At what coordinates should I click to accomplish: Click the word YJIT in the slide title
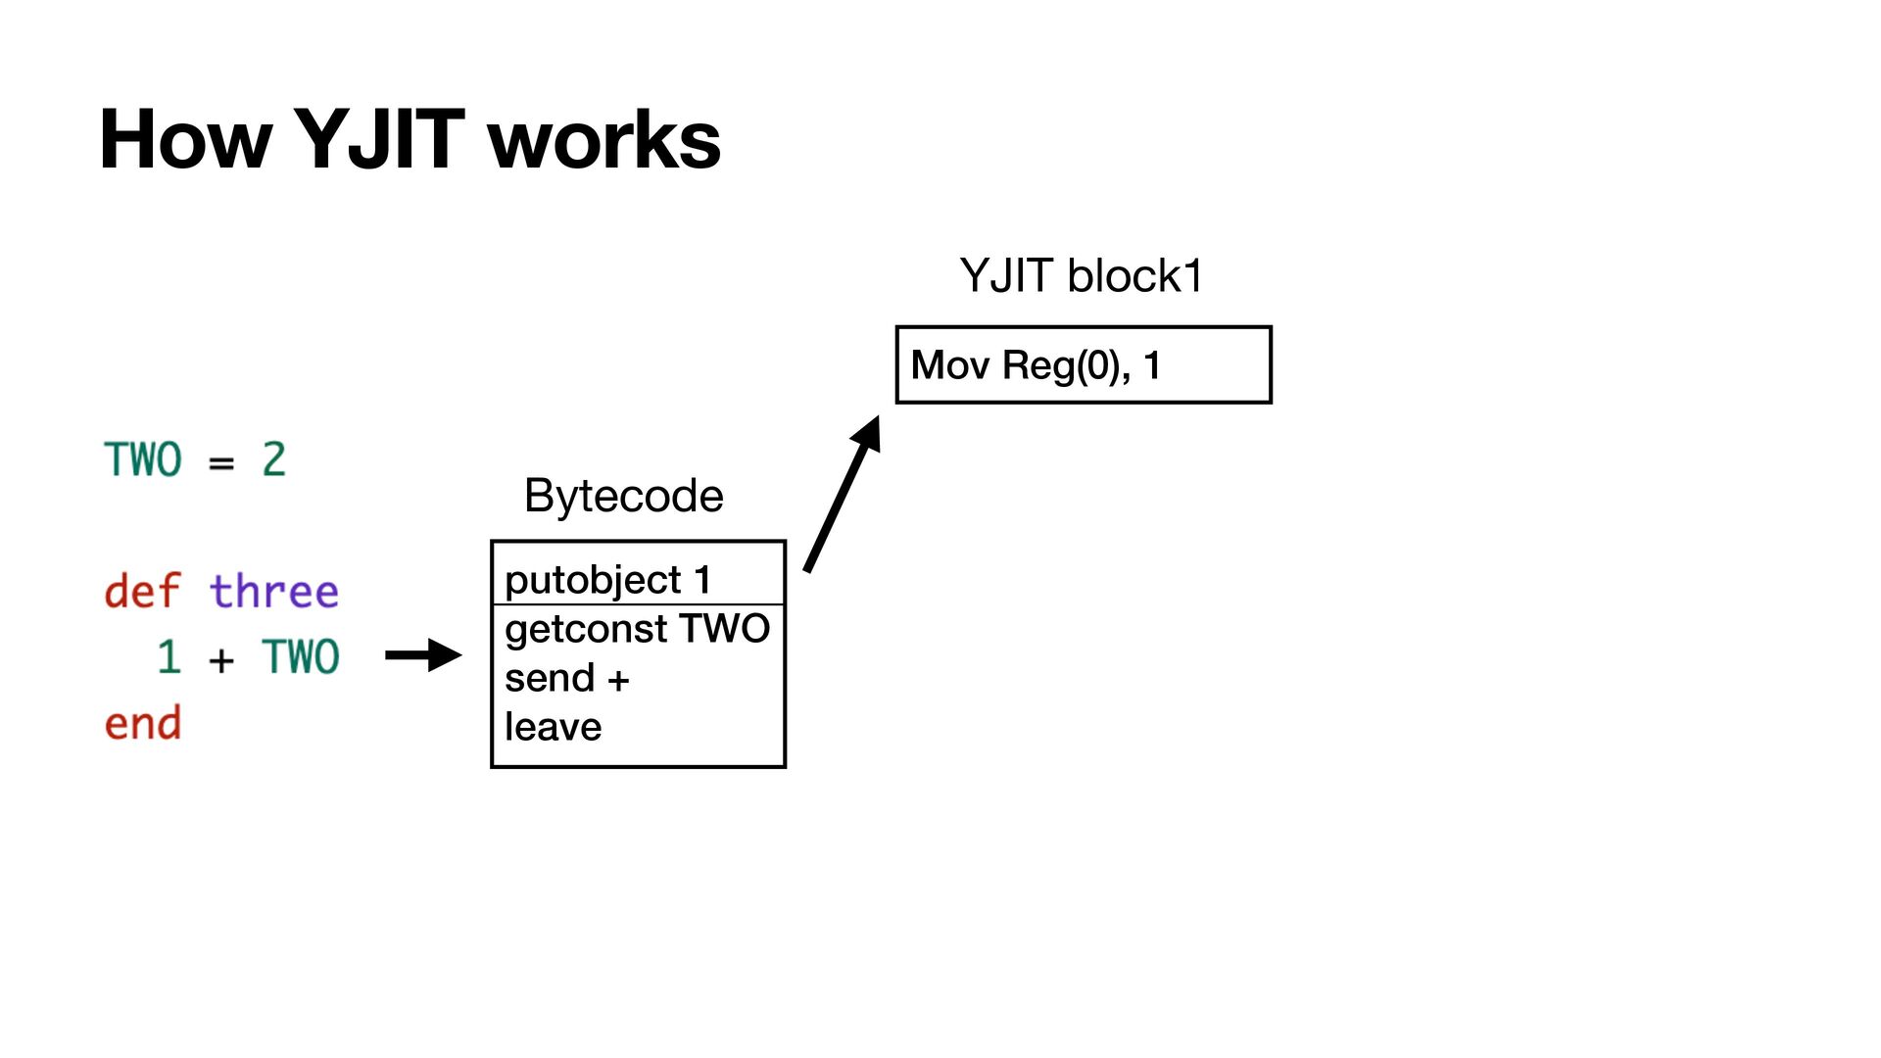click(378, 139)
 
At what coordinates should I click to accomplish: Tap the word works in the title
click(603, 139)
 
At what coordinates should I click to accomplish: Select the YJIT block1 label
click(1082, 275)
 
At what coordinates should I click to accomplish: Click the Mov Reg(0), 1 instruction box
click(1084, 364)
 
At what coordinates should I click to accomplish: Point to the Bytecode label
click(623, 495)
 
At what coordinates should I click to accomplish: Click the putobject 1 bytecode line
click(607, 579)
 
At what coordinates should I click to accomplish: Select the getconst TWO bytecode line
click(637, 628)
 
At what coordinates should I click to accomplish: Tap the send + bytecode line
click(566, 678)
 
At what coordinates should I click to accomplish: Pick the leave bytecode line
click(553, 727)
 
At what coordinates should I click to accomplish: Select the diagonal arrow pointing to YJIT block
click(842, 494)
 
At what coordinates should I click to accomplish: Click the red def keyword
click(142, 591)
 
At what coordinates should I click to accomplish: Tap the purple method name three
click(273, 591)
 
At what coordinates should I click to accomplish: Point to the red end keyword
click(142, 723)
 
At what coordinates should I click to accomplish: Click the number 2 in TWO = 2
click(273, 459)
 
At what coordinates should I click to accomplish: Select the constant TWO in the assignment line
click(143, 459)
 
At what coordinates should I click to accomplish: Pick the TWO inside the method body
click(300, 656)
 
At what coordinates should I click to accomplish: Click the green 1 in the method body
click(169, 656)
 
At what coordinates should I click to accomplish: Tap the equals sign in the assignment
click(221, 462)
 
